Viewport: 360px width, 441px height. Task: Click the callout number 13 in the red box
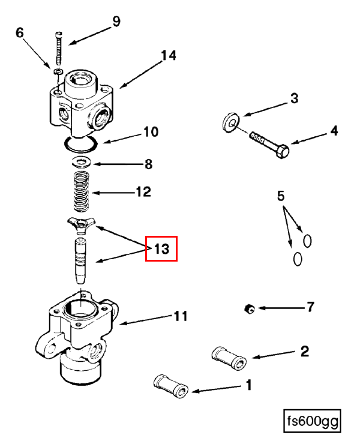(x=161, y=249)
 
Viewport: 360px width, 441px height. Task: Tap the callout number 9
(x=116, y=22)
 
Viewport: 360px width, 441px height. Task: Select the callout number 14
(x=168, y=56)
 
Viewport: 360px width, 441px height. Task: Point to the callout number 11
(x=181, y=316)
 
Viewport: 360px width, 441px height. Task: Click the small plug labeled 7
(x=250, y=309)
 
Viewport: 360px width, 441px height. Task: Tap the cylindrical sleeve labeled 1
(x=172, y=385)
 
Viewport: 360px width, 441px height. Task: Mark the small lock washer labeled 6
(x=58, y=72)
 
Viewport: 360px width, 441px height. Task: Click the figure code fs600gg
(x=312, y=421)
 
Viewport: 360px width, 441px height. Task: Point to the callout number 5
(x=280, y=196)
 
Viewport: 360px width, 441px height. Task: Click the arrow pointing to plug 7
(x=278, y=309)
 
